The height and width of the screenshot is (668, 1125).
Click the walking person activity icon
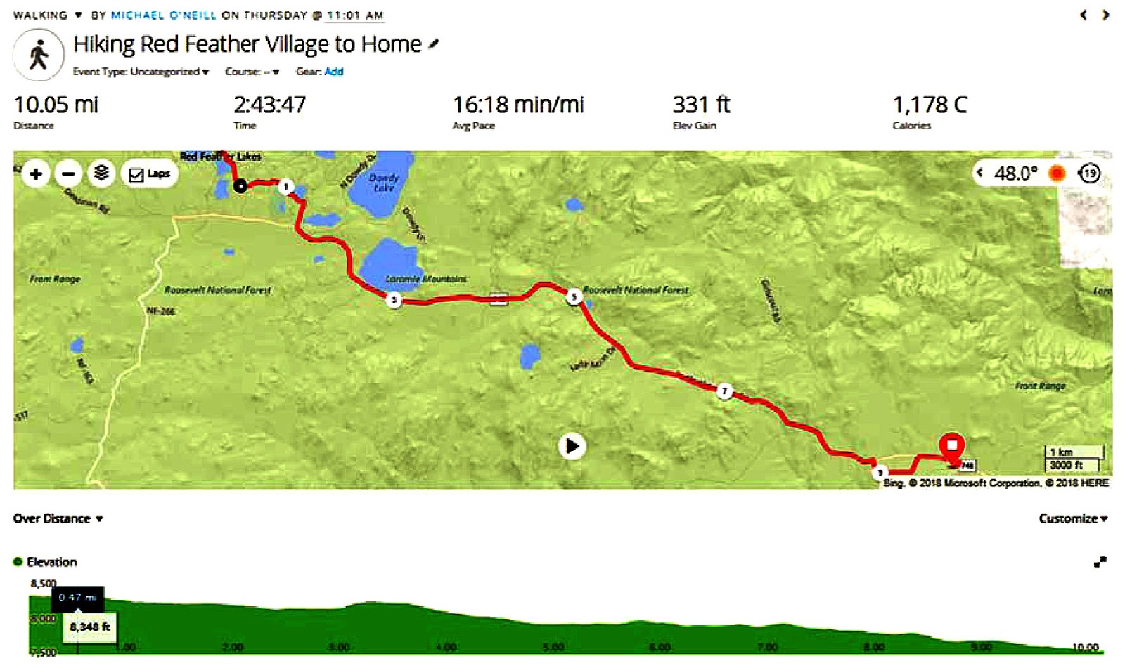pos(39,54)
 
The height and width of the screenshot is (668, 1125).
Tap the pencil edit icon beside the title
pos(434,44)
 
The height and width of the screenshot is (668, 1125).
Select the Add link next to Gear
pos(333,72)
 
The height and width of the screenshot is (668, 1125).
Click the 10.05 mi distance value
pos(56,105)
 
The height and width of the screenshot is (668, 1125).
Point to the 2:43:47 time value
pos(269,105)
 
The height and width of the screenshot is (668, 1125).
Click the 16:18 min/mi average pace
pos(517,105)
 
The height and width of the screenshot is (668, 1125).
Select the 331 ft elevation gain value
pos(701,105)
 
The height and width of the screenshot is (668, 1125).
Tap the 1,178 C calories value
pos(930,105)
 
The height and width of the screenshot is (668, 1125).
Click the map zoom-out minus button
pos(68,173)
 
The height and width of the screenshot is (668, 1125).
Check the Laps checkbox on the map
pos(136,175)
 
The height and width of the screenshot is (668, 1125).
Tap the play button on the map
pos(572,446)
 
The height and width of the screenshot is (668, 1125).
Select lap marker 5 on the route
pos(574,296)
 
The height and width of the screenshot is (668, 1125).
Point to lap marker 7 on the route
pos(724,391)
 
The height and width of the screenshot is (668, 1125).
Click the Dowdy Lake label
pos(384,183)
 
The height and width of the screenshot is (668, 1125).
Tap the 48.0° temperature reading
pos(1015,173)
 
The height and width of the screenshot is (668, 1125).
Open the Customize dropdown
pos(1072,518)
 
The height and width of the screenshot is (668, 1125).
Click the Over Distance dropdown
pos(58,518)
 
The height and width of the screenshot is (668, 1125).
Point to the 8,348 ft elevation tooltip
pos(89,627)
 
